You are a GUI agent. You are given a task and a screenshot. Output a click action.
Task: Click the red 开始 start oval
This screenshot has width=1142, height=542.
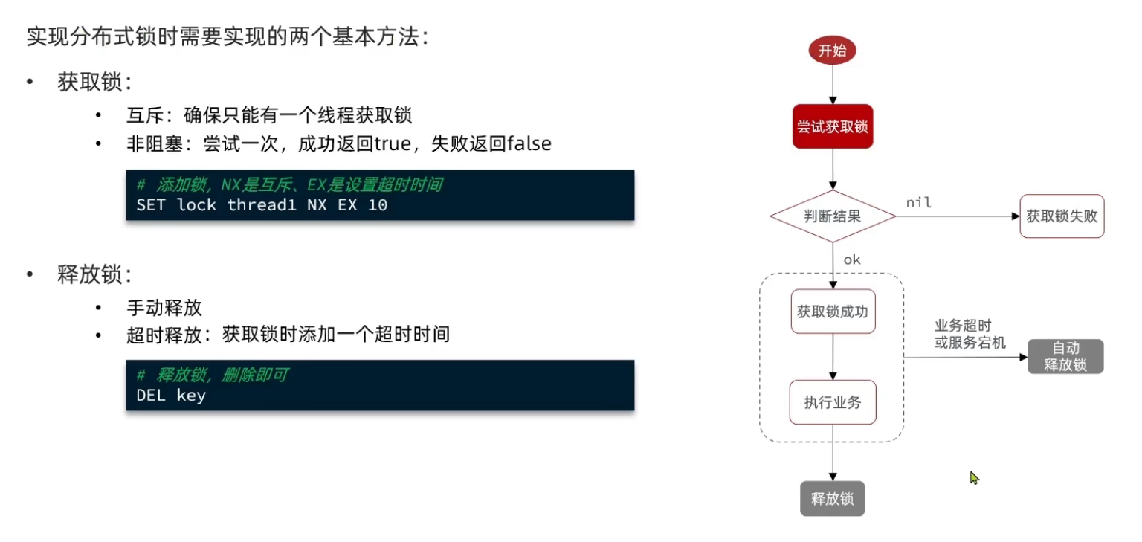pos(832,51)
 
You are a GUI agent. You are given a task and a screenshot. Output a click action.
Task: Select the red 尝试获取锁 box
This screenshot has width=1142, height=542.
pos(832,126)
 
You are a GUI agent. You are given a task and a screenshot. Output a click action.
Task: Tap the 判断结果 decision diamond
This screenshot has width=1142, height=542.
pos(832,216)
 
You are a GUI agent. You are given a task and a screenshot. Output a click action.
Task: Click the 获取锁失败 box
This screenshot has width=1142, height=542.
pos(1062,216)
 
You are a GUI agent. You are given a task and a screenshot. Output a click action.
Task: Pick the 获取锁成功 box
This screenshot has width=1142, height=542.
pos(832,312)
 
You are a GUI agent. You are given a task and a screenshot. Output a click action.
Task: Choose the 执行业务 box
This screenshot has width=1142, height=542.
pos(832,402)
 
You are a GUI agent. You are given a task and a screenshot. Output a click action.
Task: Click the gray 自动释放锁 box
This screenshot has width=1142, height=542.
pos(1065,356)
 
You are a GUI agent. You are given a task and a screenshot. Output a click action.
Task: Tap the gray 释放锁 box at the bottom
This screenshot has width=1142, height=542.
pos(832,498)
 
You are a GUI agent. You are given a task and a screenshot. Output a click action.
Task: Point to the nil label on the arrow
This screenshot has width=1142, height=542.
pos(918,202)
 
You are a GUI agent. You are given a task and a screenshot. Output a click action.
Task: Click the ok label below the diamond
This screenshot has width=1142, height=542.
pos(852,259)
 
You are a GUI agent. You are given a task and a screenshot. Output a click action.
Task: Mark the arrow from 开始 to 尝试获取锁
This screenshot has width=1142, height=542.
pos(832,85)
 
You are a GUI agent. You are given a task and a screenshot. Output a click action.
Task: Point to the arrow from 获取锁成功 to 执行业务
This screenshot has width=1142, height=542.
pos(832,357)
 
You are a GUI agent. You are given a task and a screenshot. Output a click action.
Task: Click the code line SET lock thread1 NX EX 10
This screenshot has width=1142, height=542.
pos(262,204)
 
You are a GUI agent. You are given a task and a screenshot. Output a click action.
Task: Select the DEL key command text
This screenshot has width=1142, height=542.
pos(171,395)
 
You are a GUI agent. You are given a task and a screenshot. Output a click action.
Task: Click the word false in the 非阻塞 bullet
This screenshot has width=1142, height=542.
pos(529,143)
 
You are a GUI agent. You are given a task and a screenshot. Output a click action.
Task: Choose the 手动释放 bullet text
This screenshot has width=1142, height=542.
pos(164,307)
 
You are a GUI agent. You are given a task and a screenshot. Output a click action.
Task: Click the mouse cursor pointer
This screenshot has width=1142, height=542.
pos(973,477)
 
